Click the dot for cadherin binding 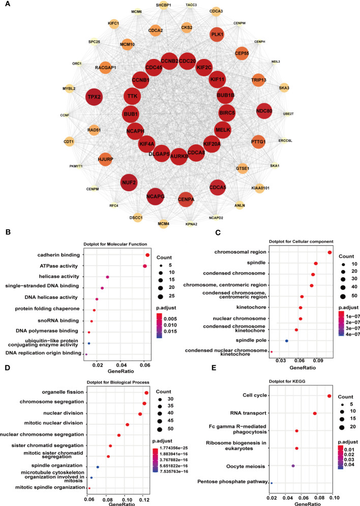click(x=147, y=255)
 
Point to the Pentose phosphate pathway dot click(x=272, y=483)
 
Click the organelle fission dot click(x=146, y=378)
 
